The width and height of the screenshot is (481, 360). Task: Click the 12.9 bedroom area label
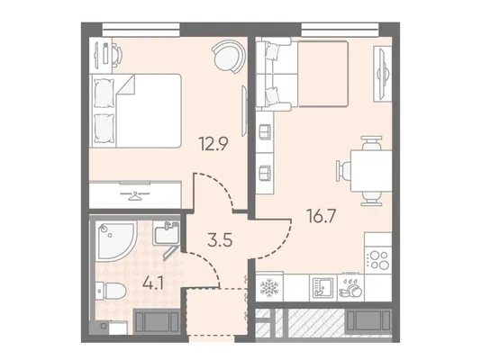coord(213,143)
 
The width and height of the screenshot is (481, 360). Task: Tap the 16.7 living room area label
coord(322,216)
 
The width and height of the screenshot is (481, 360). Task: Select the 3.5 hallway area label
coord(220,240)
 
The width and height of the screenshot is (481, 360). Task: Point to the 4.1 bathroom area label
coord(152,283)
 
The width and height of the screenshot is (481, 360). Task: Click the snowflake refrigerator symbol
coord(269,288)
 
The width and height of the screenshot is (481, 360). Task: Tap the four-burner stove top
coord(379,260)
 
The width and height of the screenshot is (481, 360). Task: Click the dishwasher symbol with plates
coord(350,288)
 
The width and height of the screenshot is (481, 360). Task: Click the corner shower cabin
coord(115,241)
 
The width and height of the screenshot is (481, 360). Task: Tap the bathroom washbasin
coord(166,233)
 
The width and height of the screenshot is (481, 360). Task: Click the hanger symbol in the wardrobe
coord(135,195)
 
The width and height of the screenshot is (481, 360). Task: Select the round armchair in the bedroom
coord(229,57)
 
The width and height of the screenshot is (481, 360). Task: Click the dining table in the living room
coord(371,171)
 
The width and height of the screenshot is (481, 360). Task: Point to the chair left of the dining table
coord(343,171)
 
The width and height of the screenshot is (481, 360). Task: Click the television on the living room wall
coord(383,74)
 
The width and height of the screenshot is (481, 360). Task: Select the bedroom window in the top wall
coord(141,30)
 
